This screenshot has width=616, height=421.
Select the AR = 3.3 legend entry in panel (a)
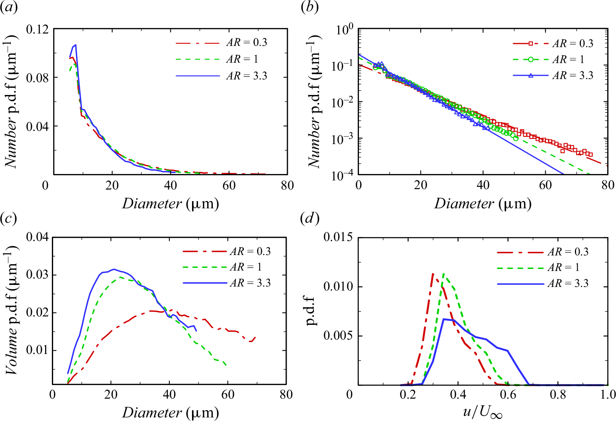click(246, 75)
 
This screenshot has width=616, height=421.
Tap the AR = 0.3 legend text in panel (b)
click(573, 43)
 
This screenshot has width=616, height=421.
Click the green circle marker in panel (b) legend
click(531, 59)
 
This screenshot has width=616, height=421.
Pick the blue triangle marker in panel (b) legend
click(531, 75)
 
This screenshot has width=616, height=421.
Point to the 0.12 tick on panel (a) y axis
click(37, 29)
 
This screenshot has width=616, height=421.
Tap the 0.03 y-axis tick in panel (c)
click(37, 275)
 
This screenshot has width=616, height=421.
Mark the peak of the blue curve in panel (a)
click(75, 45)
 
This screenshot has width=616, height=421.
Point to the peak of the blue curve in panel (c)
click(114, 269)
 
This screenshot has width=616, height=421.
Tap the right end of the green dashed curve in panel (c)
click(226, 365)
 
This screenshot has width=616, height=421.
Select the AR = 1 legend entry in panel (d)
click(563, 267)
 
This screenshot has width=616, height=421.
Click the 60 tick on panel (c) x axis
click(228, 395)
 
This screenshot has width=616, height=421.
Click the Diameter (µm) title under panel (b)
click(482, 204)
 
